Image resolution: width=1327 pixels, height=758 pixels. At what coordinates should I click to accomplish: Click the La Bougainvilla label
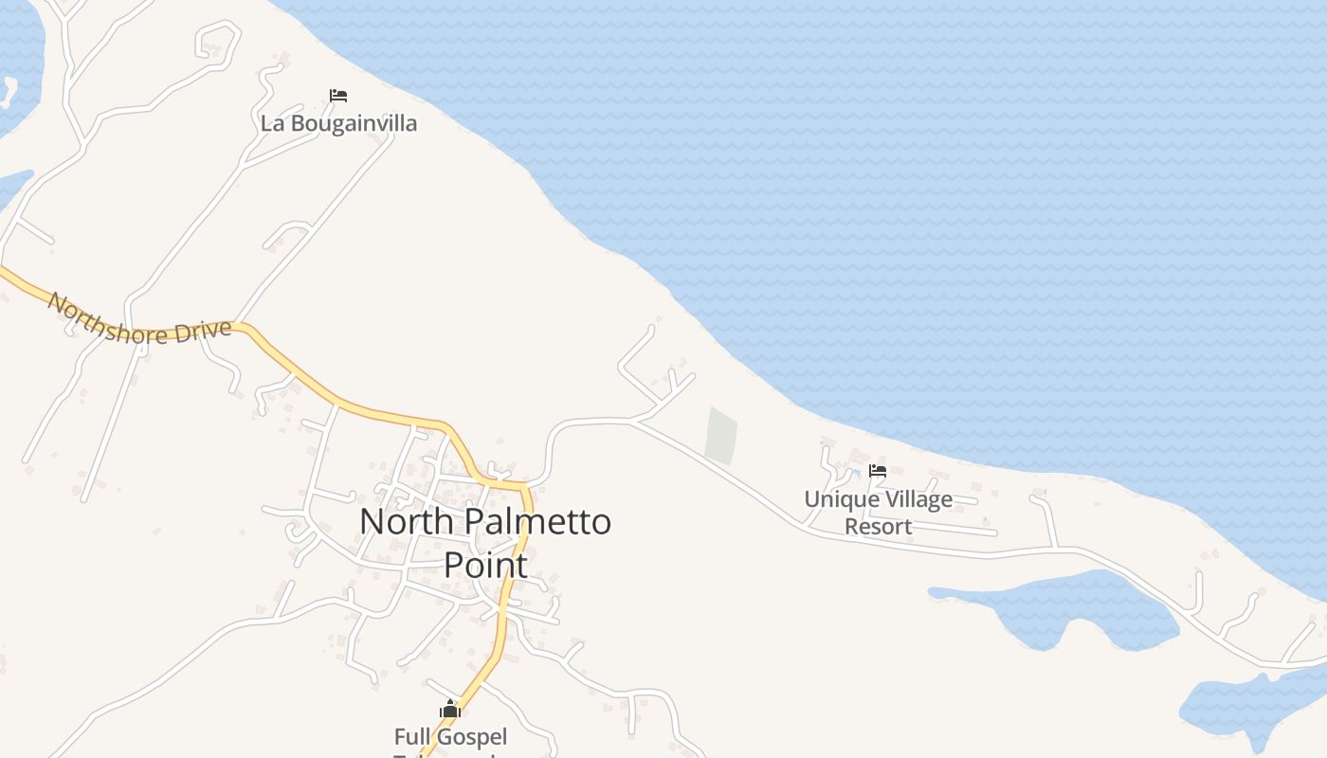point(338,123)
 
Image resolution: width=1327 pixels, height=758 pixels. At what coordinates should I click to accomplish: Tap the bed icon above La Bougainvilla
point(338,95)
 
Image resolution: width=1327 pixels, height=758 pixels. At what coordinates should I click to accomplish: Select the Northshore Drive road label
point(139,320)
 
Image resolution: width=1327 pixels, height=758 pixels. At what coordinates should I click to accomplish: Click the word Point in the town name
point(485,566)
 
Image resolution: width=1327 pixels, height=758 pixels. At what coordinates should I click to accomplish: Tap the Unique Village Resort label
point(878,512)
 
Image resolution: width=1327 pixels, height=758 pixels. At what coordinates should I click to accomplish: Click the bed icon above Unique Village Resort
point(878,470)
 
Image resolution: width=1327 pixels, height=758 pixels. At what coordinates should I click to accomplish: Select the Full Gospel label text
point(450,736)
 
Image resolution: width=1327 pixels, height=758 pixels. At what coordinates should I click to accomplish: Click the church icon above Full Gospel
point(450,709)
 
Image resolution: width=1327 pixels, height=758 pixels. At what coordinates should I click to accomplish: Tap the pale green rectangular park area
point(721,436)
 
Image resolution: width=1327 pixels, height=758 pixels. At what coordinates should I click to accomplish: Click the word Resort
point(878,526)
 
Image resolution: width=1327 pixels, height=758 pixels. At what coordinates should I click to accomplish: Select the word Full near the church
point(410,736)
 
